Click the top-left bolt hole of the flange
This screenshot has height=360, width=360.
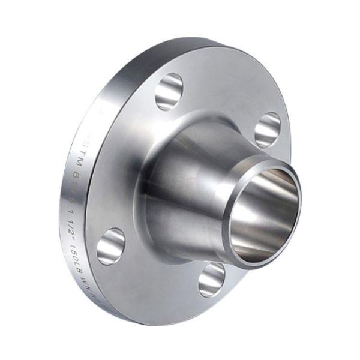pyautogui.click(x=170, y=91)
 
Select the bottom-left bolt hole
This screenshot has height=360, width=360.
pyautogui.click(x=111, y=246)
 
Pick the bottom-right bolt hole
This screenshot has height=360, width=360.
pyautogui.click(x=211, y=280)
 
